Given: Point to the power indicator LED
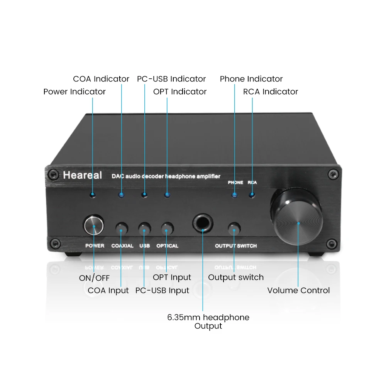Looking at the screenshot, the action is tap(93, 195).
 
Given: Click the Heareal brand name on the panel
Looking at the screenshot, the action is tap(82, 175).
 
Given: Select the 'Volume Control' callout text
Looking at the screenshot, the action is tap(298, 290).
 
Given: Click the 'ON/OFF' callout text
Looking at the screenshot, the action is tap(95, 278).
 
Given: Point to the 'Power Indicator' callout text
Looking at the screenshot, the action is tap(74, 91).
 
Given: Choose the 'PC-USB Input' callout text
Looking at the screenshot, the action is tap(162, 290).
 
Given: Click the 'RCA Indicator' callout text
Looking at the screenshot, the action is tap(271, 91).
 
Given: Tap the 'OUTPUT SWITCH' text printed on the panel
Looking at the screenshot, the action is tap(235, 246).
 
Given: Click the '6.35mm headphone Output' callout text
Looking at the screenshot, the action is tap(208, 322).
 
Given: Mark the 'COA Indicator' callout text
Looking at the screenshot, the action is tap(101, 79).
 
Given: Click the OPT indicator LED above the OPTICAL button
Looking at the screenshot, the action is tap(167, 195).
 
